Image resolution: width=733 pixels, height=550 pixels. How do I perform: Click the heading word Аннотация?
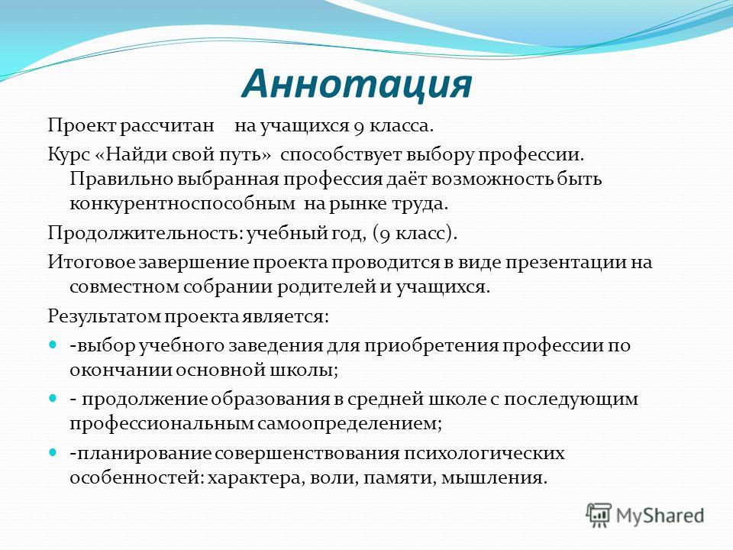click(x=357, y=85)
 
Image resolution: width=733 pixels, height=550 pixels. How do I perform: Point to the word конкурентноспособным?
click(x=182, y=205)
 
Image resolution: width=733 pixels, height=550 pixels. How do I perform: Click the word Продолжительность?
click(x=145, y=233)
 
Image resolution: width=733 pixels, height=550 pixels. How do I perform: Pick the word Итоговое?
click(x=92, y=262)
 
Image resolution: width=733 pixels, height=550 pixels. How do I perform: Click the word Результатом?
click(x=105, y=316)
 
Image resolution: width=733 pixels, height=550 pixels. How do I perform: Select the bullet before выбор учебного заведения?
click(x=53, y=345)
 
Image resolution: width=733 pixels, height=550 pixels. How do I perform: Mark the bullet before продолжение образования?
click(x=53, y=399)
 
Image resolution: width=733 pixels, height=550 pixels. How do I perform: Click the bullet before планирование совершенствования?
click(x=53, y=453)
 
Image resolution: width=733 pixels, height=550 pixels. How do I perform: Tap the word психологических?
click(x=483, y=453)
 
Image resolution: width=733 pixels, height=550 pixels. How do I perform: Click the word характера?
click(x=251, y=478)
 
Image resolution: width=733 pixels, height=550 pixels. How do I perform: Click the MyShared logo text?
click(x=660, y=516)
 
